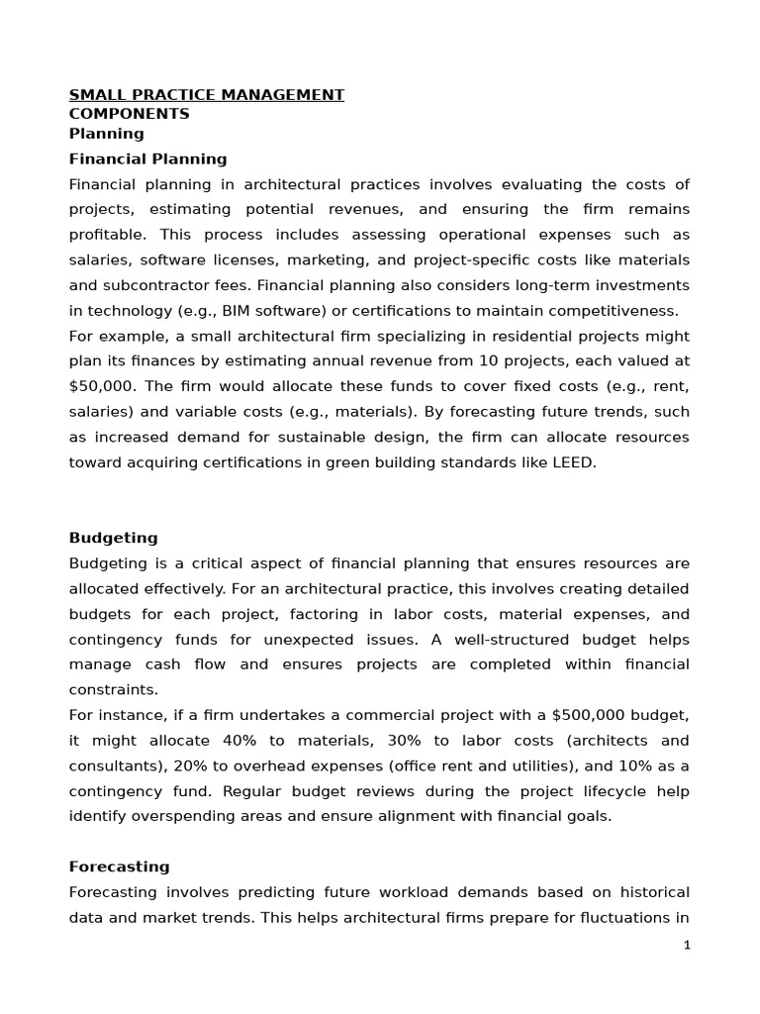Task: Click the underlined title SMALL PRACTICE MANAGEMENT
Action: click(x=206, y=95)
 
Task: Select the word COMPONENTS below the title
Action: click(x=129, y=114)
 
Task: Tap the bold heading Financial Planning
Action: click(x=147, y=158)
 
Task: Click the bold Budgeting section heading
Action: click(x=113, y=538)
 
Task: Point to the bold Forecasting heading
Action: click(x=119, y=866)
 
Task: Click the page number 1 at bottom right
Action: click(x=687, y=946)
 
